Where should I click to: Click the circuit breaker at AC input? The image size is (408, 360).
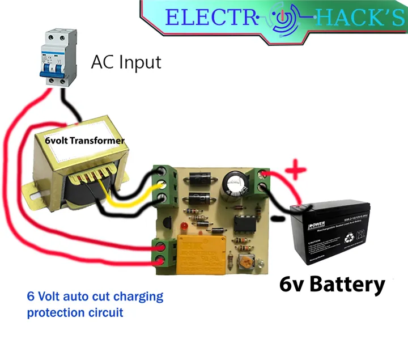57,58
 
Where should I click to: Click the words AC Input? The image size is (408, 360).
126,62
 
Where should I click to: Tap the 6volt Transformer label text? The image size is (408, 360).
85,139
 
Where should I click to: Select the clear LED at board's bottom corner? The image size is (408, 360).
261,264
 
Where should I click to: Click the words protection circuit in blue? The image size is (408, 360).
75,312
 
